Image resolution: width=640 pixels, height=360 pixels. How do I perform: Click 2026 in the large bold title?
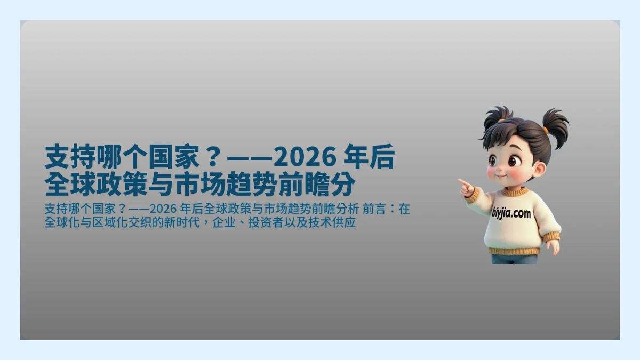[305, 158]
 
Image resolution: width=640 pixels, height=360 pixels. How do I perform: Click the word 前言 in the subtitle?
[381, 209]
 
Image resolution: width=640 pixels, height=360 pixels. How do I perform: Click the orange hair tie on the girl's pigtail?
[546, 130]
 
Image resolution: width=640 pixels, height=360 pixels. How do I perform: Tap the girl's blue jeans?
[514, 259]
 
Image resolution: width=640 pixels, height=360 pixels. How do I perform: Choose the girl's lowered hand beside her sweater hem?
[553, 246]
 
